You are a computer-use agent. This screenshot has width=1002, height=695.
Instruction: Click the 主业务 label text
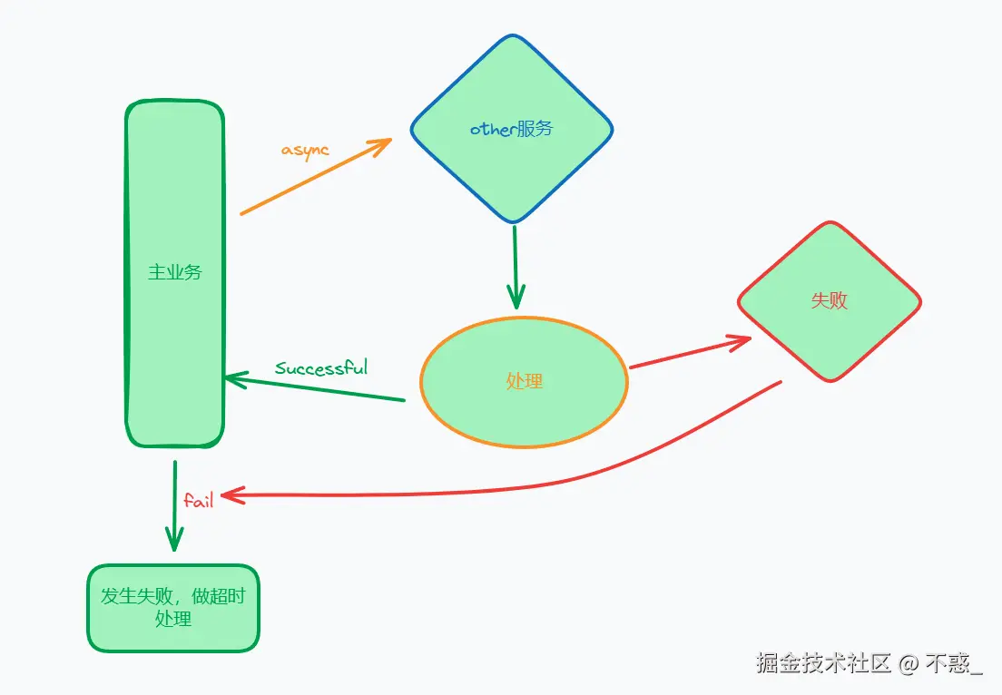(174, 272)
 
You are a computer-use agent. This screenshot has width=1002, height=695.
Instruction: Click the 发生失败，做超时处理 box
(173, 608)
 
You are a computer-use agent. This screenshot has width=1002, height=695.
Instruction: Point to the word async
(305, 150)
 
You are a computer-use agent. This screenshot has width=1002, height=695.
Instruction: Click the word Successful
(321, 367)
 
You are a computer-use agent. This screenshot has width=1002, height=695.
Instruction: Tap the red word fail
(199, 500)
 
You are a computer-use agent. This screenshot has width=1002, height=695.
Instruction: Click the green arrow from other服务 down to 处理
(515, 263)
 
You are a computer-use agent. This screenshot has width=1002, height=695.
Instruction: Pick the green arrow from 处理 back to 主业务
(318, 388)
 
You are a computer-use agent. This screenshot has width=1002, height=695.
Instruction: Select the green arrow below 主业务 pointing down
(174, 504)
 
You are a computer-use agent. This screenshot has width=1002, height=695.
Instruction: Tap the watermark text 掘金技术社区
(824, 663)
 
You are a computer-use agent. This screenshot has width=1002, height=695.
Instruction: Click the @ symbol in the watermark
(909, 664)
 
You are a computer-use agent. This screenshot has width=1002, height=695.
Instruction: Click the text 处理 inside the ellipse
(524, 382)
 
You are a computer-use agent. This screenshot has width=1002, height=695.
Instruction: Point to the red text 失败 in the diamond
(830, 300)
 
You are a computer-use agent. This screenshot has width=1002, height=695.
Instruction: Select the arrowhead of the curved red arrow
(231, 494)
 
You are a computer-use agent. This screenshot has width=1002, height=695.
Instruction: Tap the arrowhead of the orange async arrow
(381, 144)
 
